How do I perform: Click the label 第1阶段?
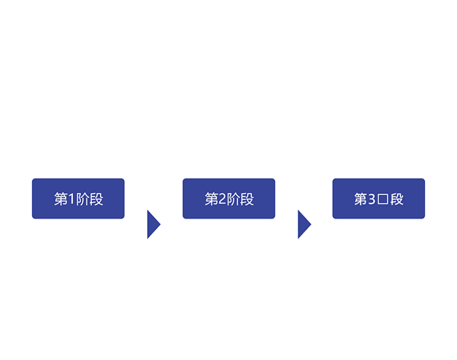click(x=79, y=199)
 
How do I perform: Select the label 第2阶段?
click(x=229, y=199)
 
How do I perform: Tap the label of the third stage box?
click(x=379, y=199)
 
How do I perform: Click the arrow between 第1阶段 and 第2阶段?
click(x=153, y=224)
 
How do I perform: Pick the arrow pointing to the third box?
click(x=303, y=224)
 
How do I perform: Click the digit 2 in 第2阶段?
click(x=221, y=199)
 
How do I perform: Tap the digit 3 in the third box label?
click(x=371, y=199)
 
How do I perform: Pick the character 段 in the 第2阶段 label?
click(x=247, y=199)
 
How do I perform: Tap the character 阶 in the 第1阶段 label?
click(x=83, y=199)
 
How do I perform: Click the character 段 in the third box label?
click(x=396, y=199)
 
